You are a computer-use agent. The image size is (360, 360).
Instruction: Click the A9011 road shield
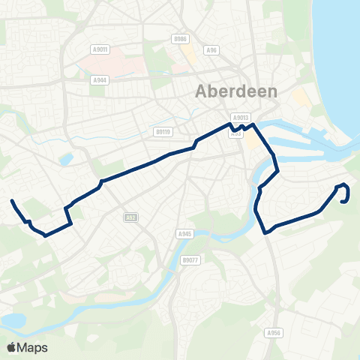tap(100, 49)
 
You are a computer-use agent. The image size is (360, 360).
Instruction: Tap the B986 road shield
tap(178, 38)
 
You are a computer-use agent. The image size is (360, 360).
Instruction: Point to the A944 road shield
tap(100, 79)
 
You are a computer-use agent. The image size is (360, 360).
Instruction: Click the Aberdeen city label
tap(236, 91)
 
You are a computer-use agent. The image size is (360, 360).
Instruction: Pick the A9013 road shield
tap(241, 118)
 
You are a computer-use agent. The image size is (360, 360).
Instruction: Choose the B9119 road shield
tap(164, 131)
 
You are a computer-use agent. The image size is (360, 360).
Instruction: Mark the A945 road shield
tap(185, 234)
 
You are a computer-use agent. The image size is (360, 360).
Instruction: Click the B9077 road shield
tap(190, 260)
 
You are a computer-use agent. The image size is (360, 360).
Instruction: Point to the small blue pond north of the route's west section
tap(67, 159)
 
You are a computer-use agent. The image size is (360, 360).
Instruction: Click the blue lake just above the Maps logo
tap(13, 320)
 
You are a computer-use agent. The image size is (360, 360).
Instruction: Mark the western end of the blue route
tap(11, 200)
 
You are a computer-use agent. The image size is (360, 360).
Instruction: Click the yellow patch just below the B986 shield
tap(190, 55)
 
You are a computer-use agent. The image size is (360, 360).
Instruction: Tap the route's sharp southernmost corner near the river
tap(266, 232)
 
